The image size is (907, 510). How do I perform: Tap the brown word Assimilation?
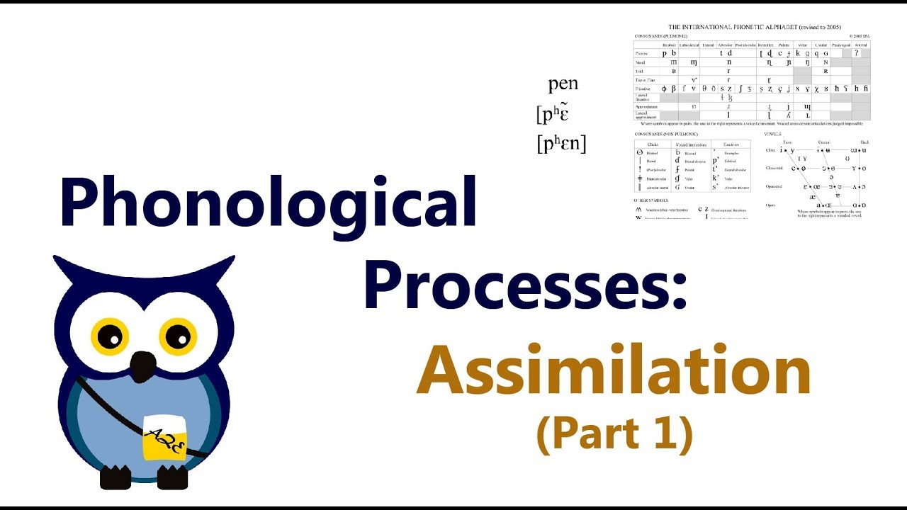tap(614, 373)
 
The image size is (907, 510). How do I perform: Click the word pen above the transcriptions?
tap(563, 84)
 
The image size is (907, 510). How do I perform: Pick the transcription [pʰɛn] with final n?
tap(561, 144)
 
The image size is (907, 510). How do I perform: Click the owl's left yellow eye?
tap(110, 336)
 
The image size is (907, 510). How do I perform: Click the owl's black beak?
tap(144, 365)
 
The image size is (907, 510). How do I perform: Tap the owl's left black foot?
tap(116, 478)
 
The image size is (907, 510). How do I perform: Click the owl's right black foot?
tap(171, 478)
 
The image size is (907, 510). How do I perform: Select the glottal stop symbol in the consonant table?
tap(857, 53)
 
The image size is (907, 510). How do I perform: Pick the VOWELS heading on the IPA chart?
tap(772, 133)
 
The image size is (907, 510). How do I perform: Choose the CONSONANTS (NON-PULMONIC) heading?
tap(667, 133)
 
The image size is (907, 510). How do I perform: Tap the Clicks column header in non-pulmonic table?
tap(653, 144)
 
